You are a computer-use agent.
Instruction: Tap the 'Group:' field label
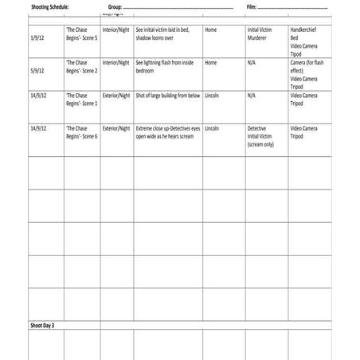tap(114, 6)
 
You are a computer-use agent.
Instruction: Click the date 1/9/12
tap(37, 37)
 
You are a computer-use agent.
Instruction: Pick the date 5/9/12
tap(37, 69)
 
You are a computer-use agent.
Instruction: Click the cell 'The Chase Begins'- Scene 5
tap(81, 33)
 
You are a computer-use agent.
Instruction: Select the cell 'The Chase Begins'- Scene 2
tap(81, 66)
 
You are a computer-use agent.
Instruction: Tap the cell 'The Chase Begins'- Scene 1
tap(81, 99)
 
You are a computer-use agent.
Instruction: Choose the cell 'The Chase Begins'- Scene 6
tap(81, 131)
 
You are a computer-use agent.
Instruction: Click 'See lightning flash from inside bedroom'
tap(165, 66)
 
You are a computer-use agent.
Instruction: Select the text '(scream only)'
tap(263, 144)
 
